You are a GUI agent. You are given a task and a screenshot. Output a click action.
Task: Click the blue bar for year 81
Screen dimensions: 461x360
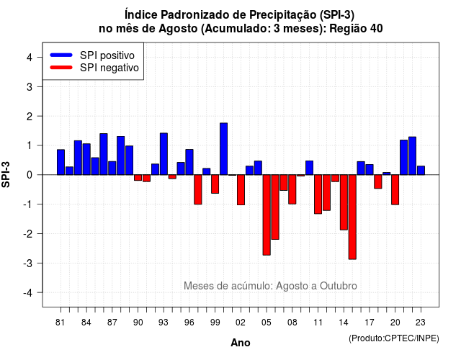point(61,162)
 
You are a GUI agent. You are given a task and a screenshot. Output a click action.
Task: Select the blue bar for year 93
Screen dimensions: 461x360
point(164,154)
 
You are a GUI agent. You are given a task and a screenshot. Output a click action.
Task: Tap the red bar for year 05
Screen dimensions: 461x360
point(267,215)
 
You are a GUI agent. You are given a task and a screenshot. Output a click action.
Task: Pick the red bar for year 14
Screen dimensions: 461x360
point(344,202)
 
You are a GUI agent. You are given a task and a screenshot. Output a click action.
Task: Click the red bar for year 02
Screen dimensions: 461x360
point(241,190)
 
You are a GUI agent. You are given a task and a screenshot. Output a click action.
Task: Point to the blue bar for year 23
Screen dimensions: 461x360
point(421,171)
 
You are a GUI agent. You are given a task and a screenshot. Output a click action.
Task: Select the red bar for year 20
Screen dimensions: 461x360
point(395,189)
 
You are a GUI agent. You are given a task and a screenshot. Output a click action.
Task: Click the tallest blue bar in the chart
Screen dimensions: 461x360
point(224,149)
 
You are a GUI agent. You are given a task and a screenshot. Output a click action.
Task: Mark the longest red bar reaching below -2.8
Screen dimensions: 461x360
point(352,217)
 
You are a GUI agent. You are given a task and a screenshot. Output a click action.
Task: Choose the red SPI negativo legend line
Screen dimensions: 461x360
point(61,68)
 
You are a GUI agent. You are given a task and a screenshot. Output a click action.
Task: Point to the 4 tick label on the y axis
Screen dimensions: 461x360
point(30,58)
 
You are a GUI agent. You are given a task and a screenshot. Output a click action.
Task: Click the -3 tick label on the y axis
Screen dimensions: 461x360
point(28,263)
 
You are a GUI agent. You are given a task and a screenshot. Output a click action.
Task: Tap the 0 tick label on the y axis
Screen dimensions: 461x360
point(30,175)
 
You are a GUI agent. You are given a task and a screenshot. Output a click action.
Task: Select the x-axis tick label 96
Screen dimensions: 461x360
point(189,323)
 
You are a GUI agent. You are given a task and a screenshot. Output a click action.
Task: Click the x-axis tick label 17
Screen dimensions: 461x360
point(370,323)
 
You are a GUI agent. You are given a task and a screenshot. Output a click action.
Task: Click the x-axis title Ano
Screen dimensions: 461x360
point(241,343)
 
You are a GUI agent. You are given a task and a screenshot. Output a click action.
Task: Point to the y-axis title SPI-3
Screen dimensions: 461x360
point(6,174)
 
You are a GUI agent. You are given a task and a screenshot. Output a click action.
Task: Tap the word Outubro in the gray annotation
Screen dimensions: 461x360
point(339,286)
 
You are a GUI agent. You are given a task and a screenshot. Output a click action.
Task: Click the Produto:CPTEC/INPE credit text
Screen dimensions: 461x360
point(394,338)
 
